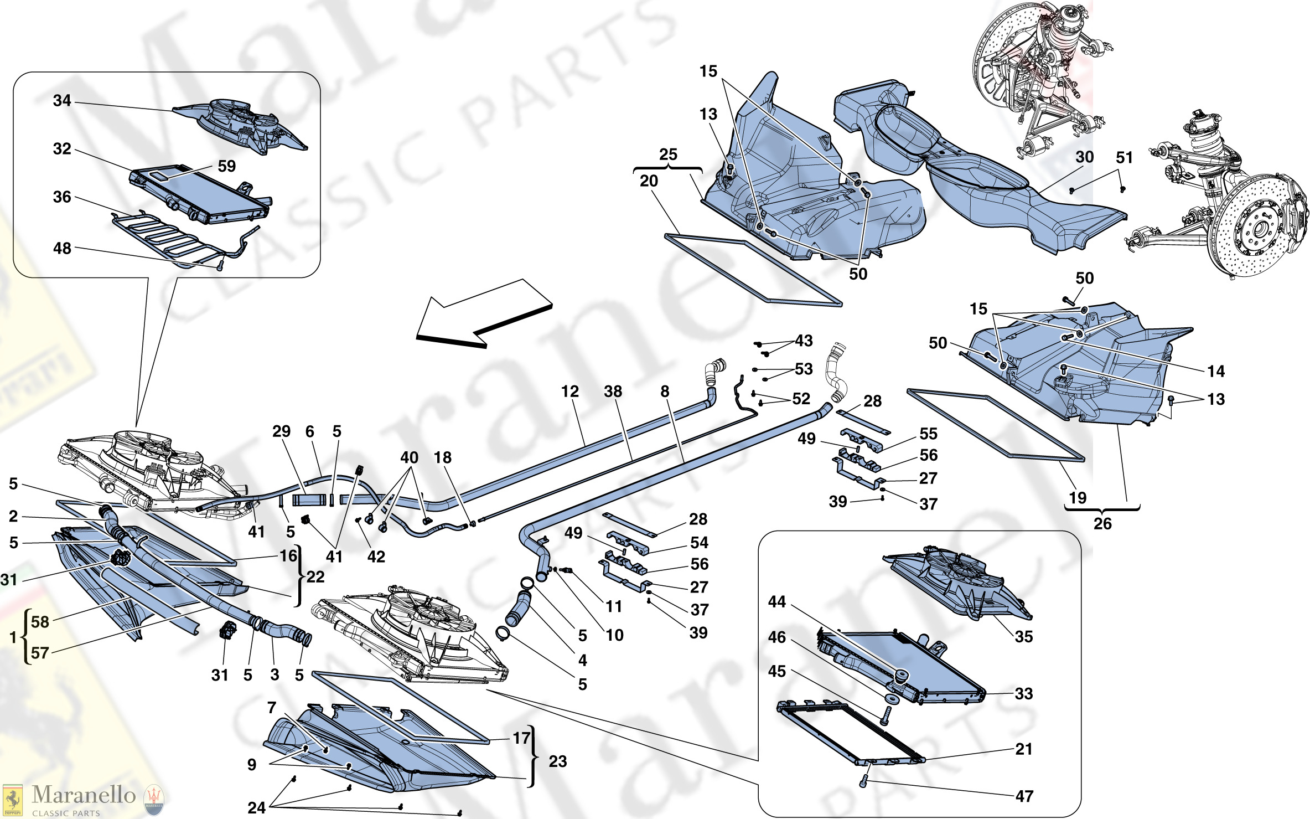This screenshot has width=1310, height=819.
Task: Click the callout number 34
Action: click(62, 101)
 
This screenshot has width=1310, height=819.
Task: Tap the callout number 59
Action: click(226, 166)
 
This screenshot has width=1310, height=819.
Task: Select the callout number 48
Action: click(62, 249)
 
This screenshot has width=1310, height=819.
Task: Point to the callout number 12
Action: click(569, 392)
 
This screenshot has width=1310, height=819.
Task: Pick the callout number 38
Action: click(613, 392)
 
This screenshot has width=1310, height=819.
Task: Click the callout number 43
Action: click(804, 341)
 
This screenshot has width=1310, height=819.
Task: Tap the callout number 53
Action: click(804, 369)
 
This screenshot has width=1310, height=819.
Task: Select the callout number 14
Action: click(1216, 372)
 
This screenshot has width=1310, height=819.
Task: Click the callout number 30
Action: click(1084, 157)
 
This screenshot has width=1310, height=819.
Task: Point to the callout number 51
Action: click(1124, 158)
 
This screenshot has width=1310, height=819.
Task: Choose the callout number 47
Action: click(1024, 796)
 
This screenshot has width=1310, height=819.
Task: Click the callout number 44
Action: click(776, 602)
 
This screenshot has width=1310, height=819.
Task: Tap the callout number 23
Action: click(557, 761)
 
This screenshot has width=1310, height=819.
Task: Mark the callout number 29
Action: click(281, 431)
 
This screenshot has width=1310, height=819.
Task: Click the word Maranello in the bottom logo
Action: click(84, 795)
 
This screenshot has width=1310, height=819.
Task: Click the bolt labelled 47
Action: click(863, 782)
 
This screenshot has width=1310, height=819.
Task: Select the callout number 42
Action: click(376, 557)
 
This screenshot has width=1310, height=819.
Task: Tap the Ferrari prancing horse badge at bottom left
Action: click(12, 800)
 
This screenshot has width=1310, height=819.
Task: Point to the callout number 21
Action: click(1024, 749)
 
